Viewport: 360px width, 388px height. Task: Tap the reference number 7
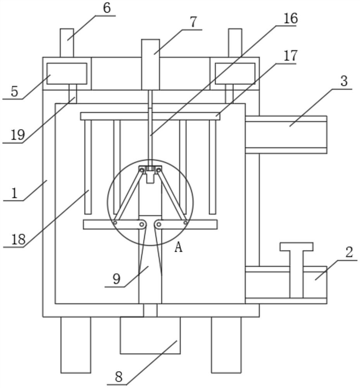[193, 22]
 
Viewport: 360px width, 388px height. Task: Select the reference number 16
[290, 19]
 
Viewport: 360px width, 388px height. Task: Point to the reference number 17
[290, 55]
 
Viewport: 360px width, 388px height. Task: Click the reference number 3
[344, 81]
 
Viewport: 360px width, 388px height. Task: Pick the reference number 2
[349, 253]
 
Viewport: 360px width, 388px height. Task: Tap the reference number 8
[119, 377]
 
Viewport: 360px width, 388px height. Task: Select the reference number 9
[117, 279]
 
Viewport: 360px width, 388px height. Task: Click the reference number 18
[18, 239]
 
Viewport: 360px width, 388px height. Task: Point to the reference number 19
[18, 135]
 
